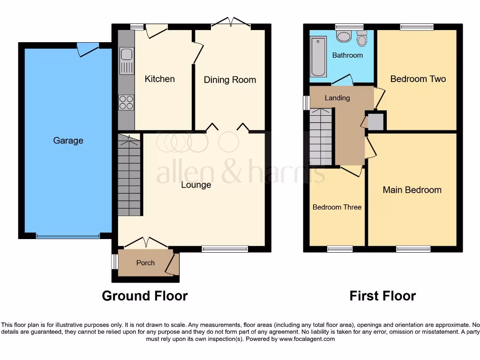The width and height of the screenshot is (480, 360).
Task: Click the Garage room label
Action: pyautogui.click(x=68, y=140)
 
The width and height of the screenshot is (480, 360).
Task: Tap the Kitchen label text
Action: pyautogui.click(x=159, y=79)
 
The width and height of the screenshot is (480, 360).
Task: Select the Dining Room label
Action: pyautogui.click(x=230, y=80)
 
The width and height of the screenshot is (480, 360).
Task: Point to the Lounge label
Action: pyautogui.click(x=196, y=185)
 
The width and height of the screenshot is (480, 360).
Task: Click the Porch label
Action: pyautogui.click(x=145, y=263)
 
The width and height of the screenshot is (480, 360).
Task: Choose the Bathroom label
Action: pyautogui.click(x=347, y=55)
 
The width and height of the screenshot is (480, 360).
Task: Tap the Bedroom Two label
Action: pyautogui.click(x=418, y=79)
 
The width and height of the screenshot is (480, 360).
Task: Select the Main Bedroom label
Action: pyautogui.click(x=412, y=190)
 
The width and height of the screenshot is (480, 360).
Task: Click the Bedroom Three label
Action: pyautogui.click(x=337, y=207)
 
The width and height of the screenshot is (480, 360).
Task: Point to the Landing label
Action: pyautogui.click(x=337, y=98)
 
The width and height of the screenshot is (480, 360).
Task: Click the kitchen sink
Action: pyautogui.click(x=127, y=61)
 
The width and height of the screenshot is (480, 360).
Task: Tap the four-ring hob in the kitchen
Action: pyautogui.click(x=127, y=102)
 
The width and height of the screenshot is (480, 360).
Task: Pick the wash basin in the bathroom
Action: pyautogui.click(x=344, y=37)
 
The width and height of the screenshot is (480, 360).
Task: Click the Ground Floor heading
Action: pyautogui.click(x=145, y=296)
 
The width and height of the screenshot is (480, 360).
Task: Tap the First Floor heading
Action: pyautogui.click(x=382, y=296)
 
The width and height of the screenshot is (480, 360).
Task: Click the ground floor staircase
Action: pyautogui.click(x=129, y=176)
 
